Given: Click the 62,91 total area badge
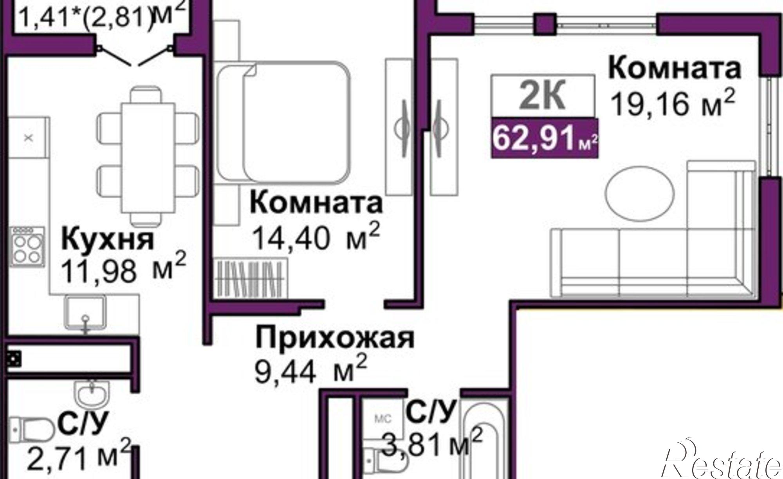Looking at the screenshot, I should point(545,138).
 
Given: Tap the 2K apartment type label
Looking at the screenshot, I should point(543,96).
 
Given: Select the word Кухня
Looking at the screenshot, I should point(108,240).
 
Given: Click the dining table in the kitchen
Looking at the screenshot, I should point(148,157).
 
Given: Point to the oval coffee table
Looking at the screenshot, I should point(640,193).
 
